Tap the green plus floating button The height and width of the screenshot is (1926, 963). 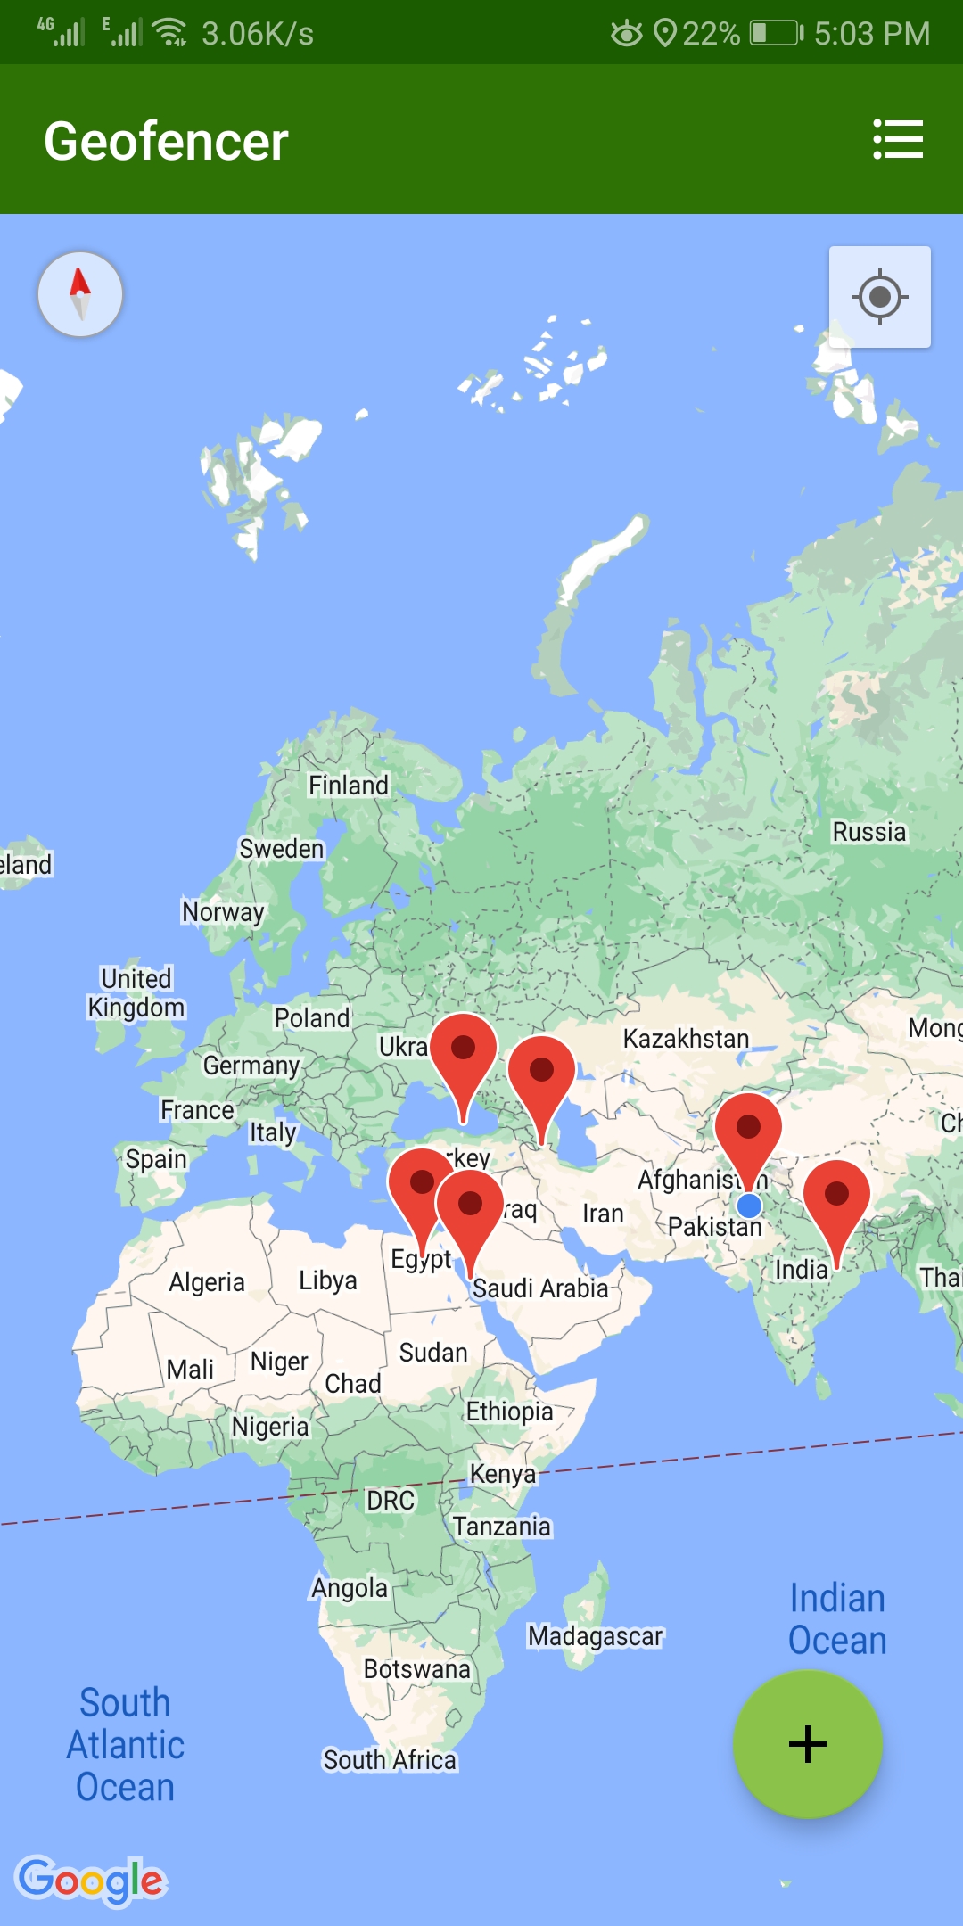coord(807,1744)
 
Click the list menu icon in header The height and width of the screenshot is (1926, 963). coord(897,140)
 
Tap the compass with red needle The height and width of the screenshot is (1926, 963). coord(80,294)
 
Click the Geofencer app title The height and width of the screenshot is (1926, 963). coord(166,141)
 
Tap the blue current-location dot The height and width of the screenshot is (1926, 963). coord(749,1206)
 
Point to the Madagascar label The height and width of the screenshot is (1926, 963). coord(595,1636)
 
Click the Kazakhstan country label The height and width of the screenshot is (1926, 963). coord(686,1039)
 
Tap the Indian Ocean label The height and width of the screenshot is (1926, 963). coord(837,1619)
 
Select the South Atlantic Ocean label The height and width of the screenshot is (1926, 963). coord(126,1744)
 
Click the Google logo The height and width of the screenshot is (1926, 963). coord(91,1881)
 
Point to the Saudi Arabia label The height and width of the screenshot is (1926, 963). coord(540,1288)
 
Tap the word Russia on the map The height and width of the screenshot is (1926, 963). coord(868,832)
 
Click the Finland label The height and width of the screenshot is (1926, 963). coord(349,786)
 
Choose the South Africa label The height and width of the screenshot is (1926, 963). coord(390,1760)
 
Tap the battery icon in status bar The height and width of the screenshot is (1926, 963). coord(776,34)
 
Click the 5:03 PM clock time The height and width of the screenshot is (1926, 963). coord(871,34)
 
